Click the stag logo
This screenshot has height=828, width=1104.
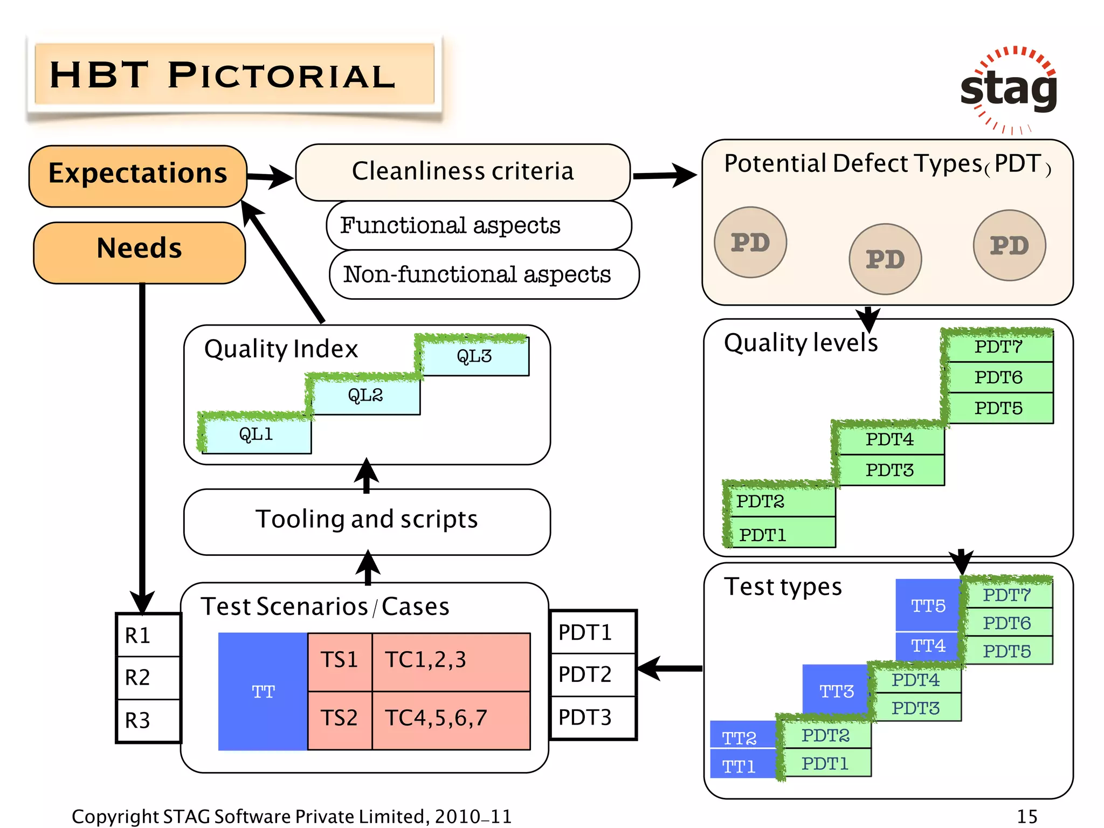click(1009, 89)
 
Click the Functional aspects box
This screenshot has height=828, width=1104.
click(479, 225)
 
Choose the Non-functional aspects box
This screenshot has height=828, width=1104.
click(484, 274)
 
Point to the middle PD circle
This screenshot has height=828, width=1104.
click(885, 259)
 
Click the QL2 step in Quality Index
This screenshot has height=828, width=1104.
click(365, 396)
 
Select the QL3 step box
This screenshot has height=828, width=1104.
click(474, 356)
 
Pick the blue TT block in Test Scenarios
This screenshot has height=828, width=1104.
click(263, 691)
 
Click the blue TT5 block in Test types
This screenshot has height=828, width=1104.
click(927, 605)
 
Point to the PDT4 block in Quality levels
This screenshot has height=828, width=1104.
click(889, 440)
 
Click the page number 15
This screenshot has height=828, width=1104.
click(1026, 816)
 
